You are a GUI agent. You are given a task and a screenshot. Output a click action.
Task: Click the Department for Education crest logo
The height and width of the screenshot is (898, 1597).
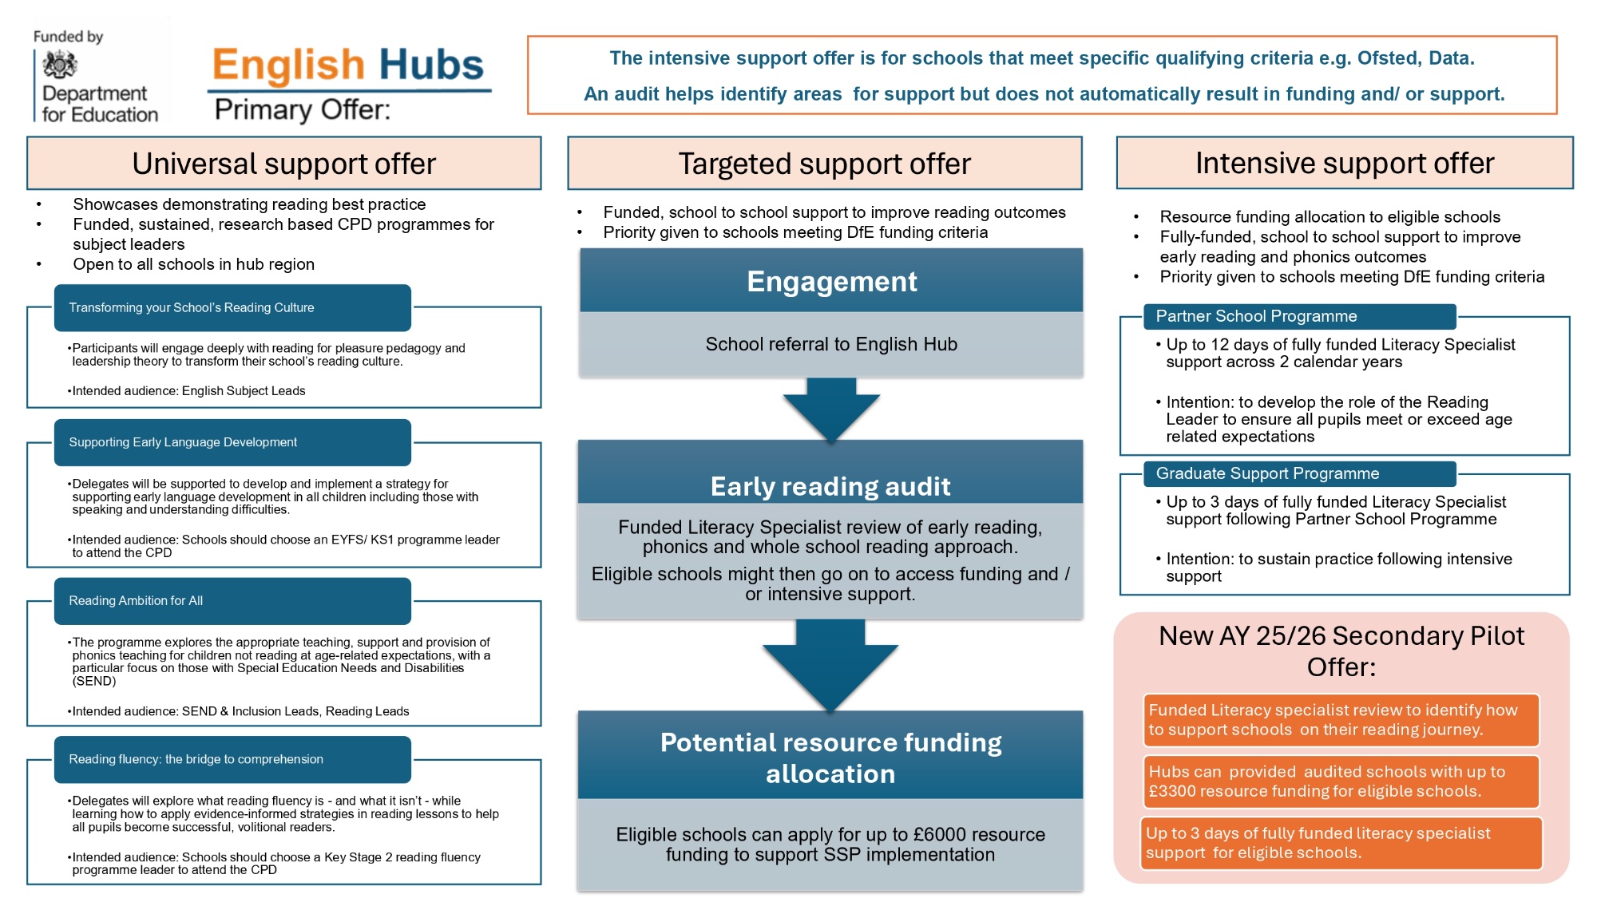(60, 64)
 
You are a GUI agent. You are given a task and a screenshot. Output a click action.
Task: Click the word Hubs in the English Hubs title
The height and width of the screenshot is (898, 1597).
(431, 65)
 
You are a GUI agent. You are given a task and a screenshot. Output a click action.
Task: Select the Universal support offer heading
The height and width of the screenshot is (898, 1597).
(284, 164)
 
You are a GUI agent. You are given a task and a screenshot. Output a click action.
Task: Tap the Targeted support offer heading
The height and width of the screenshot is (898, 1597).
(825, 164)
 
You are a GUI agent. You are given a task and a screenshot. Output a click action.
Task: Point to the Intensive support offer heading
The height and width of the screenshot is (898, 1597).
(1345, 163)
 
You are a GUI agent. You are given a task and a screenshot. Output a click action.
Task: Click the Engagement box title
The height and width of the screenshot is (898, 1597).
(832, 281)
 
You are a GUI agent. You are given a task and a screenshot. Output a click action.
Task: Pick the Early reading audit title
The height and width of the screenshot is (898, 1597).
(830, 486)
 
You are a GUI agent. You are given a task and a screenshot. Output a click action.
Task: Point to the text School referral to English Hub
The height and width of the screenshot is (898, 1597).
(831, 344)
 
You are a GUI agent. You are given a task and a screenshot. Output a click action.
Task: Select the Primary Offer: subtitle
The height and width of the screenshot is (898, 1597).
(303, 109)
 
